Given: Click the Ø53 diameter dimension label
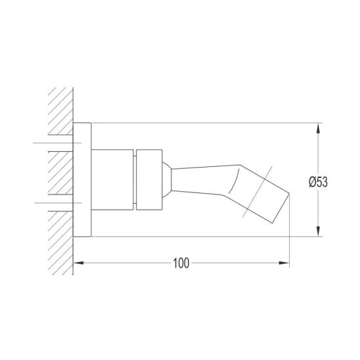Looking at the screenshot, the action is [318, 182].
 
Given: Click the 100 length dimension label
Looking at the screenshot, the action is [181, 263].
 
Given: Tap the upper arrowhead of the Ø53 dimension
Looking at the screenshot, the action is [318, 128].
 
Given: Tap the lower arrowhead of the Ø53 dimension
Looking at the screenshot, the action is [318, 231].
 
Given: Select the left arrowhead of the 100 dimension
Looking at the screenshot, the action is [78, 263].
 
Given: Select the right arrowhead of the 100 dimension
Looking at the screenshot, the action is [284, 263].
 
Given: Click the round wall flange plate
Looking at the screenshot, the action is [82, 180].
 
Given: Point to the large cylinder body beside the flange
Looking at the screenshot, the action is [112, 180].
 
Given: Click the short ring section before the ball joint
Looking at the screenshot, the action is [149, 180].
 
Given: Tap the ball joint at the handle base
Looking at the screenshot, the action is [167, 180].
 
